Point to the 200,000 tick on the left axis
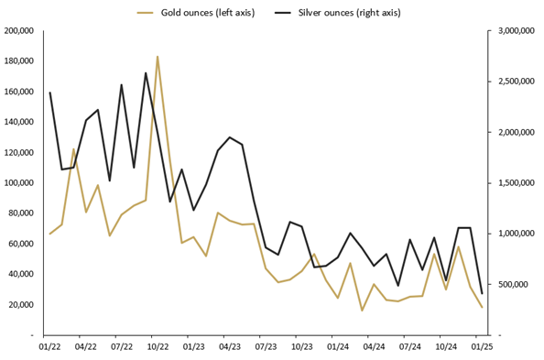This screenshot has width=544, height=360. tap(19, 31)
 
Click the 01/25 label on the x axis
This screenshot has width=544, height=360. tap(482, 347)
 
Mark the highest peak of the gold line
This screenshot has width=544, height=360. tap(158, 57)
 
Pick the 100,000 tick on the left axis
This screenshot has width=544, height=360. tap(19, 183)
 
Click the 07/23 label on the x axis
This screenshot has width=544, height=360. tap(266, 347)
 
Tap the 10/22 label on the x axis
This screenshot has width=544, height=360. tap(158, 347)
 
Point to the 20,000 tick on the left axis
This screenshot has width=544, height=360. tap(21, 304)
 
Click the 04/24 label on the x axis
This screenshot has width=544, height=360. tap(374, 347)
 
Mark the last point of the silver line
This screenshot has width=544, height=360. tap(482, 293)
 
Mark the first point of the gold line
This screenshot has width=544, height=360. tap(49, 234)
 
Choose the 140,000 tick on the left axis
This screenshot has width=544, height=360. tap(19, 122)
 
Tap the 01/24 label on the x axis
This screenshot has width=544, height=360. tap(338, 347)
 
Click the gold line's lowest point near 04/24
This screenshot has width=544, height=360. tap(362, 311)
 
